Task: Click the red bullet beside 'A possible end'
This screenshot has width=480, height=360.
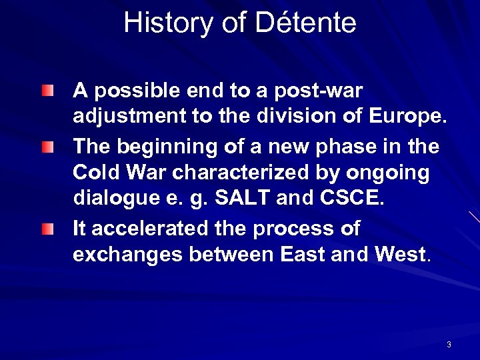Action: pyautogui.click(x=45, y=90)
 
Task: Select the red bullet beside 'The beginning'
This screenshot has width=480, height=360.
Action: pyautogui.click(x=45, y=145)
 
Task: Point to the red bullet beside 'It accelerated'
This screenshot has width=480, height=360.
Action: pyautogui.click(x=45, y=229)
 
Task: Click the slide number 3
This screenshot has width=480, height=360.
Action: pyautogui.click(x=449, y=345)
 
